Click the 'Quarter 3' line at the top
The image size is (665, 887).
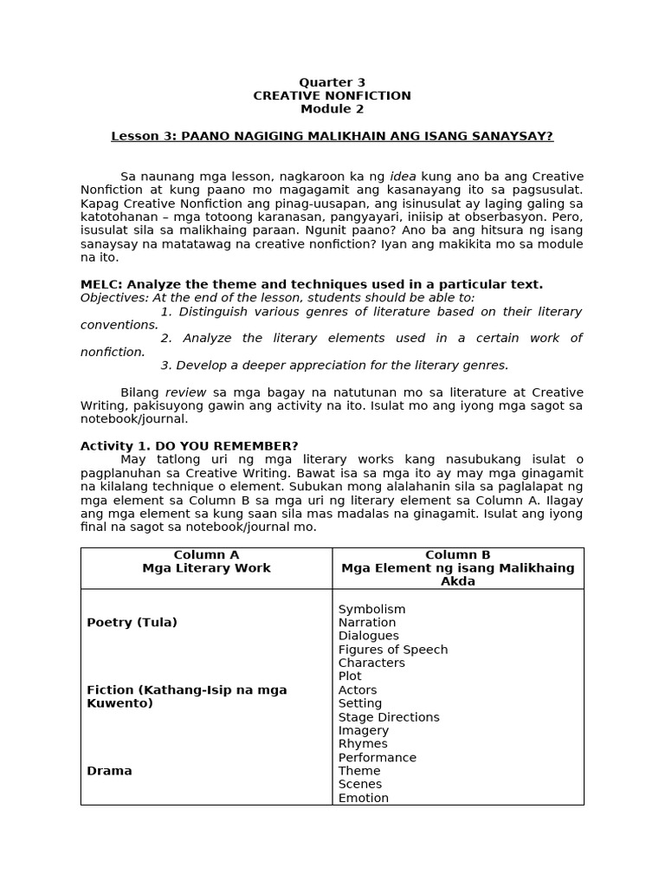click(332, 82)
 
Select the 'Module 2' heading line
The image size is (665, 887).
click(332, 109)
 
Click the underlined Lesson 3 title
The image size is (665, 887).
click(332, 136)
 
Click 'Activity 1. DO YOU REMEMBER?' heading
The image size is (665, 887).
click(189, 446)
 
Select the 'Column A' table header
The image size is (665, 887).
click(206, 554)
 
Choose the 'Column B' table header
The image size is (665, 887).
click(457, 554)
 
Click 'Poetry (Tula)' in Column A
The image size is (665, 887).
click(132, 622)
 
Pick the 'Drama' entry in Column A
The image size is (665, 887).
click(109, 770)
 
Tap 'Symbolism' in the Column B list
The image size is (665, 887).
click(371, 609)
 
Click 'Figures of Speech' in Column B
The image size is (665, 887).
click(392, 650)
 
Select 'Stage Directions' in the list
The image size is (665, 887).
click(389, 717)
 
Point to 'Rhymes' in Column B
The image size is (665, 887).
click(363, 744)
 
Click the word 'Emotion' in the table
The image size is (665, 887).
click(363, 798)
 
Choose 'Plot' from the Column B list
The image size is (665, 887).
click(350, 677)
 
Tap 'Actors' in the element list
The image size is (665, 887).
click(358, 690)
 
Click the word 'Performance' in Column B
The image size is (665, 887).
click(377, 757)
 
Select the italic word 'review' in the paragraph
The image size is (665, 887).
click(185, 392)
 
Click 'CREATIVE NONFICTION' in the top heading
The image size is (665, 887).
click(332, 95)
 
